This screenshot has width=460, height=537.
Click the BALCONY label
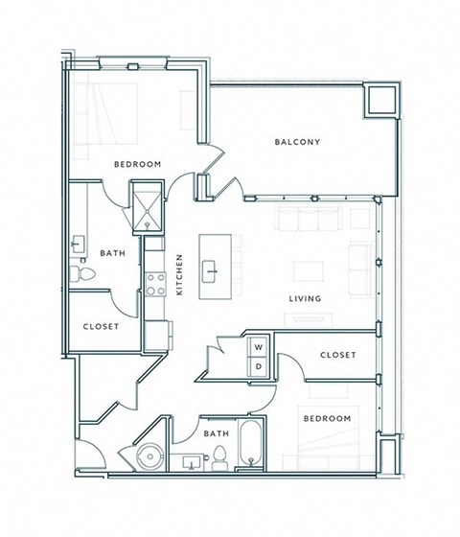coord(297,143)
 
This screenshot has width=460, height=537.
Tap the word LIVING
coord(305,299)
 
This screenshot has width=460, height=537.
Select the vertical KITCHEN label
coord(179,274)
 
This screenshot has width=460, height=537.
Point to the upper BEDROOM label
coord(136,164)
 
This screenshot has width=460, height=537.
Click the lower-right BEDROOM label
coord(328,419)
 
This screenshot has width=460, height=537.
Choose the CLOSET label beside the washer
coord(337,355)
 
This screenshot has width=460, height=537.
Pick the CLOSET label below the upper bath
coord(101,326)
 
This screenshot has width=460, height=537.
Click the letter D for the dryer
coord(257,365)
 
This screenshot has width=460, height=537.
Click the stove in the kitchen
coord(156,284)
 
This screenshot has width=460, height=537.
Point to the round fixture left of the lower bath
coord(150,455)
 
